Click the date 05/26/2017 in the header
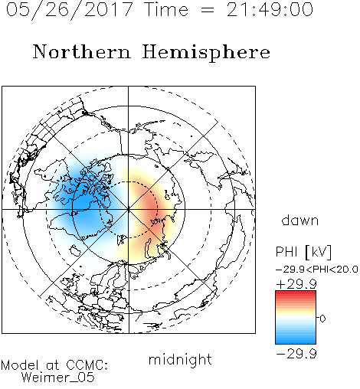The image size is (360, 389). point(70,10)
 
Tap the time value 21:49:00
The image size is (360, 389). point(270,9)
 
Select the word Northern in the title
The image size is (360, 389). point(82,51)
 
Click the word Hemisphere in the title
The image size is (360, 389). point(206,53)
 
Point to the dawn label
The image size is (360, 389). point(300,220)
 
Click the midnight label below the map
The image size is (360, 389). point(180,359)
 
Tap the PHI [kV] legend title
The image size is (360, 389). point(303,252)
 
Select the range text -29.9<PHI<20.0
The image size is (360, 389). point(317,270)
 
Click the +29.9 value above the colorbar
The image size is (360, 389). point(296,284)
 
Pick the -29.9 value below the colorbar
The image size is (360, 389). point(296,354)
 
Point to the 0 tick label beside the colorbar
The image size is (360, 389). point(322,319)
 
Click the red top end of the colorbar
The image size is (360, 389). point(296,293)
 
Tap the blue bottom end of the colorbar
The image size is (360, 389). point(296,342)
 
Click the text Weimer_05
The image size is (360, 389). point(58,378)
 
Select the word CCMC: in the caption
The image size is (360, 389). point(87,365)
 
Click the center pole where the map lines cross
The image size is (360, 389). point(129,210)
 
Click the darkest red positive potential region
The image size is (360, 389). point(152,208)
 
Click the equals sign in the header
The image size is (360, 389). point(208,10)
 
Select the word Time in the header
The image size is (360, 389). point(166,10)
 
